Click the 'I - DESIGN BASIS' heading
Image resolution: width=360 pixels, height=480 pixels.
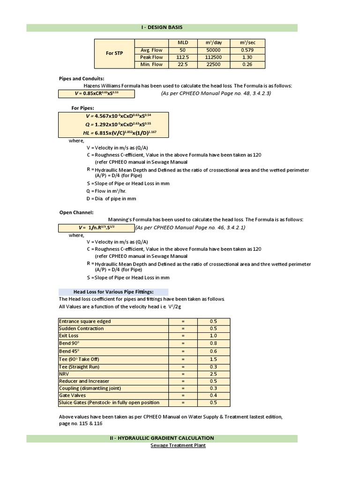pyautogui.click(x=161, y=28)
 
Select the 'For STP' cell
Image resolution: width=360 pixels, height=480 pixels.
pyautogui.click(x=114, y=53)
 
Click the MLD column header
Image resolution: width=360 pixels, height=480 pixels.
pyautogui.click(x=183, y=43)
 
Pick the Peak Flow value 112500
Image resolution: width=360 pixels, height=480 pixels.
pyautogui.click(x=213, y=57)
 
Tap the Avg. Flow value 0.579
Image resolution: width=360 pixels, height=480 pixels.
pyautogui.click(x=247, y=50)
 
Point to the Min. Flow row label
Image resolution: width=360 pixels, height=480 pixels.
pyautogui.click(x=151, y=65)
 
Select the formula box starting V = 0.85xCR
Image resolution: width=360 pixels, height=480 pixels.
pyautogui.click(x=96, y=94)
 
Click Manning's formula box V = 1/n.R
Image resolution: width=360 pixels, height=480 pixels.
pyautogui.click(x=96, y=228)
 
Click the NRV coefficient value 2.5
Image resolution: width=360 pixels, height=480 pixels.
pyautogui.click(x=213, y=374)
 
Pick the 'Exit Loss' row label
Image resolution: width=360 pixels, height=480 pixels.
pyautogui.click(x=69, y=336)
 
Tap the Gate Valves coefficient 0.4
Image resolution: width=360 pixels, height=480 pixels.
pyautogui.click(x=213, y=396)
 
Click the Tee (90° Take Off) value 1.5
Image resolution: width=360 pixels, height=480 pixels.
pyautogui.click(x=213, y=359)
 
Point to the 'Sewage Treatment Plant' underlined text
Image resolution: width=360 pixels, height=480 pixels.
pyautogui.click(x=178, y=445)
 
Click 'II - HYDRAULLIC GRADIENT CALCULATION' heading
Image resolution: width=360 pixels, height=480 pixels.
pyautogui.click(x=161, y=438)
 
